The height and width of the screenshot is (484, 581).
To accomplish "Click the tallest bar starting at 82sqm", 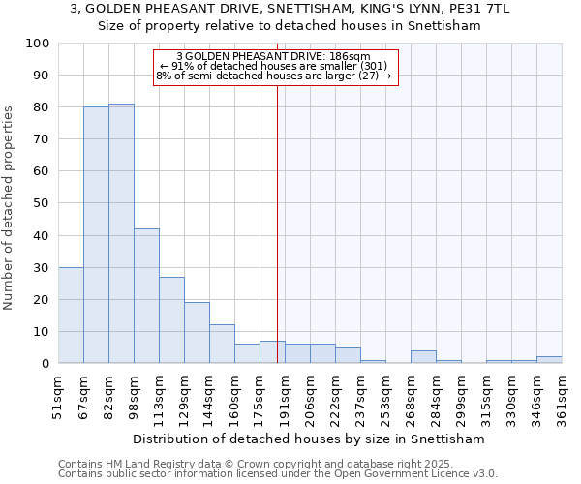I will (121, 233).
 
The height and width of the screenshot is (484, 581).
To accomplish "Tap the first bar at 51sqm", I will (71, 316).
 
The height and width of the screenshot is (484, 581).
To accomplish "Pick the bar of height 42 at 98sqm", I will (146, 296).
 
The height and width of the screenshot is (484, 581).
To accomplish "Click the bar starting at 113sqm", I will (171, 320).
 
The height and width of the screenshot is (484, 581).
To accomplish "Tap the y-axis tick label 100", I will (38, 44).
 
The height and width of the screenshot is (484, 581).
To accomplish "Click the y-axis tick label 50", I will (42, 203).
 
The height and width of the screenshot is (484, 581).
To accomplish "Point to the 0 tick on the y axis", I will (46, 364).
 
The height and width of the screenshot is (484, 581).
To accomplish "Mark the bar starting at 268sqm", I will (423, 357).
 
